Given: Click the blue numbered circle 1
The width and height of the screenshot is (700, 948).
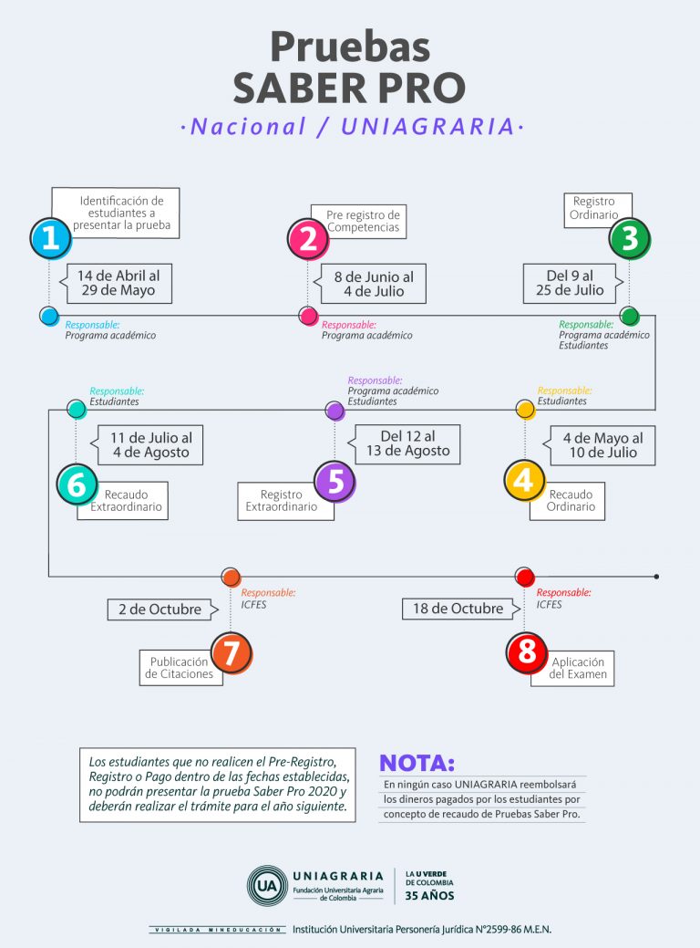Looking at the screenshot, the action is click(x=51, y=238).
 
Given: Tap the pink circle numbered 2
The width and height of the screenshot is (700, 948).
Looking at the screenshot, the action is click(x=308, y=239).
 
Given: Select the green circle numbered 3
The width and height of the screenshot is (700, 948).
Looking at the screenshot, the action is click(x=629, y=239).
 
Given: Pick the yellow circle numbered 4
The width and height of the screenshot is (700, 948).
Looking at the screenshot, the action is click(x=524, y=481).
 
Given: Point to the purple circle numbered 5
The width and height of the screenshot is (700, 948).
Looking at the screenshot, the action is click(x=335, y=481).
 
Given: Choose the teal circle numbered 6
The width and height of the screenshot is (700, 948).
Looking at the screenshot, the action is click(x=77, y=484).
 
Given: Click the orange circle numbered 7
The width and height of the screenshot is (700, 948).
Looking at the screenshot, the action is click(x=232, y=653).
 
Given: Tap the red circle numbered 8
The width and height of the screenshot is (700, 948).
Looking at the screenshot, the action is click(x=527, y=652).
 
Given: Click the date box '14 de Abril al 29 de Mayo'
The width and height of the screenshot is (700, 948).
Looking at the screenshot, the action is click(x=116, y=283).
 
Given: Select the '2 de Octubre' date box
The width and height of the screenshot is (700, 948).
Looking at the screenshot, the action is click(x=163, y=609).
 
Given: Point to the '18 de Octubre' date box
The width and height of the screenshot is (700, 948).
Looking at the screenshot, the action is click(x=461, y=609).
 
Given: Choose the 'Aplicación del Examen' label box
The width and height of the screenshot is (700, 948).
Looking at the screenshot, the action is click(x=572, y=668).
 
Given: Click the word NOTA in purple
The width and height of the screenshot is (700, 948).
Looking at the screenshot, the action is click(x=417, y=763).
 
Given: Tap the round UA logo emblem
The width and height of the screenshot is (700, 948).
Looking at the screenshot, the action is click(x=267, y=886).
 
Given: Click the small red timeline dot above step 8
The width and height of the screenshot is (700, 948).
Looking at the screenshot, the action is click(x=524, y=577).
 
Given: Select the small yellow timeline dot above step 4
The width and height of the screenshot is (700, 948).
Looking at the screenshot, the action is click(x=525, y=410).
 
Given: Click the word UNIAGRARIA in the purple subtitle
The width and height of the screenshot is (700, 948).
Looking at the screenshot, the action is click(x=427, y=127).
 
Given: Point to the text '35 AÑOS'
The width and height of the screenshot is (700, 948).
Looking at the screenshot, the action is click(x=429, y=895).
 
